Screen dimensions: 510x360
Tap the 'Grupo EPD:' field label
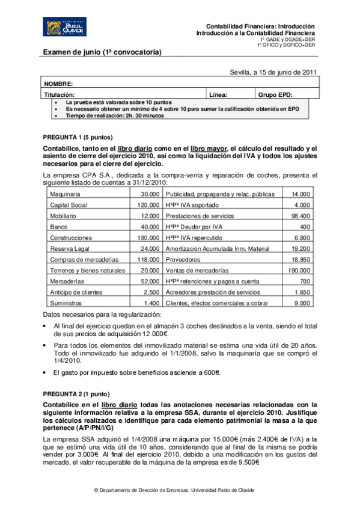(275, 95)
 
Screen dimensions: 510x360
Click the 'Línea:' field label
(218, 95)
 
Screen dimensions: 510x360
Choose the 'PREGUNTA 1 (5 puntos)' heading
(77, 137)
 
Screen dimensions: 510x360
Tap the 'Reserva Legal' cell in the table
(69, 248)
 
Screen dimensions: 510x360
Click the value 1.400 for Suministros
(151, 303)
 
